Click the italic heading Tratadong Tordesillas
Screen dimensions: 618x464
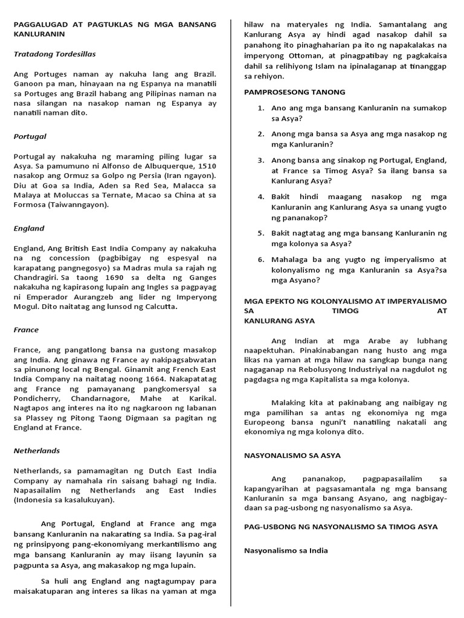coord(54,54)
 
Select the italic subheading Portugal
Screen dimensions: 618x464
coord(30,136)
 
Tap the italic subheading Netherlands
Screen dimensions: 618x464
coord(37,450)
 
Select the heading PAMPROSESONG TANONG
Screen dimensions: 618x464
coord(294,92)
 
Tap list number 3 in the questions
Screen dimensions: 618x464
coord(260,160)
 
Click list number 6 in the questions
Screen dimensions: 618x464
coord(260,259)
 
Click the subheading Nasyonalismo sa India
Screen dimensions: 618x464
coord(286,550)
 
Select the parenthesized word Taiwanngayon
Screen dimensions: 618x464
coord(82,204)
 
